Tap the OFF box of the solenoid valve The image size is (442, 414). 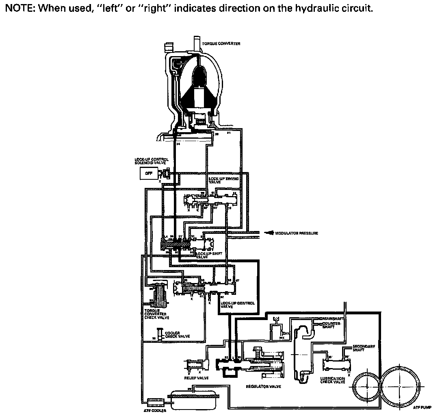point(148,173)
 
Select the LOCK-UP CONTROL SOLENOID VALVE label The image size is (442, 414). point(152,161)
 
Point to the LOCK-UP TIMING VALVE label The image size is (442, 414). point(223,180)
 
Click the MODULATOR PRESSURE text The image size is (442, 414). point(296,233)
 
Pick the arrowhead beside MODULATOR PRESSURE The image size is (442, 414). point(269,233)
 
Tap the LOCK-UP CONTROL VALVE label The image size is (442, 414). point(238,305)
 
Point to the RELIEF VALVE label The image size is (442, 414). point(196,378)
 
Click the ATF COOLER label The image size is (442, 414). point(154,410)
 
